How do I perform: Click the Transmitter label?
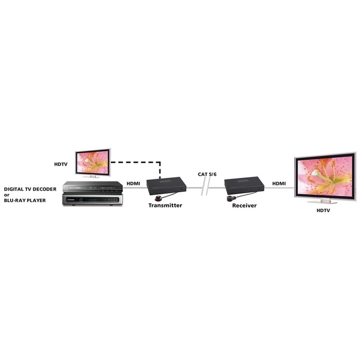165,205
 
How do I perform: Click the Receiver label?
244,205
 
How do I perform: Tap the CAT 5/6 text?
207,174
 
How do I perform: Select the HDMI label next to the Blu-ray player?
133,184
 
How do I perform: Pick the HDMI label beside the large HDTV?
279,183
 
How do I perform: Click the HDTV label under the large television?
323,210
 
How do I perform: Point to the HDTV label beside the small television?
61,164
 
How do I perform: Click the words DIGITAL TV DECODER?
30,189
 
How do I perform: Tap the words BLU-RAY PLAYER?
25,200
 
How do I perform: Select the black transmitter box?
167,185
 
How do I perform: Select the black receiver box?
244,185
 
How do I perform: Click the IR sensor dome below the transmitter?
158,198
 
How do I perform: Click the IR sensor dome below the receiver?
230,198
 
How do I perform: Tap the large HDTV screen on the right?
325,177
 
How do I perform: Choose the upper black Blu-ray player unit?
92,187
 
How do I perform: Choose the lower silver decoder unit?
92,199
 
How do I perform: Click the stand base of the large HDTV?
322,202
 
